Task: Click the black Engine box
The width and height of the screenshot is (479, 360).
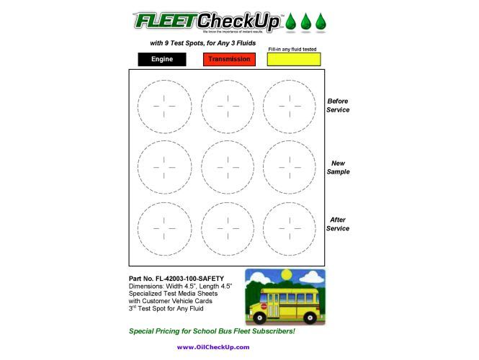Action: coord(161,59)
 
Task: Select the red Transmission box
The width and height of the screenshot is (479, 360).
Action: coord(230,59)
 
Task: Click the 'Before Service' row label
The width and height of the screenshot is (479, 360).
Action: coord(338,106)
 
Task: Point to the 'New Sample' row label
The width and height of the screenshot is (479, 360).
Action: coord(338,168)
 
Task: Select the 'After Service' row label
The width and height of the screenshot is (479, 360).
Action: coord(338,224)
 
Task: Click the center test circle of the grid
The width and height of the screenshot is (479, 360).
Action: coord(227,167)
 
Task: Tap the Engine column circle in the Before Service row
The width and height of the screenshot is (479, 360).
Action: coord(164,105)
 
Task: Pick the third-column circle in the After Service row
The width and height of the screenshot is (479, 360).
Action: coord(289,229)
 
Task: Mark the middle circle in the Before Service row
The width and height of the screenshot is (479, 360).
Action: coord(227,105)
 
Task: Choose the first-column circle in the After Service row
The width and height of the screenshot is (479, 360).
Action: coord(164,229)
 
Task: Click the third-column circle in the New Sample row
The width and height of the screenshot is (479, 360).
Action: coord(289,167)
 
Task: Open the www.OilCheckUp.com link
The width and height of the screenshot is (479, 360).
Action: coord(213,347)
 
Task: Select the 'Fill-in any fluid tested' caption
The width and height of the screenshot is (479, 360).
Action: coord(292,49)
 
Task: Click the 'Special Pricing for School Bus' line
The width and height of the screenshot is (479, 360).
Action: coord(212,331)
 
